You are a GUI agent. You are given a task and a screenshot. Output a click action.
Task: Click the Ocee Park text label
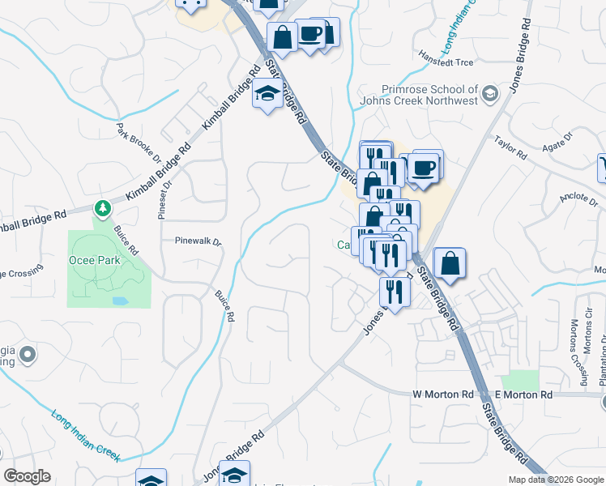click(x=94, y=260)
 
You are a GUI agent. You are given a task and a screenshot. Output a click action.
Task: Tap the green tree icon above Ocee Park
click(x=102, y=209)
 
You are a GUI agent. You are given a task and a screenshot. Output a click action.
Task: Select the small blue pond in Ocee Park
click(x=120, y=301)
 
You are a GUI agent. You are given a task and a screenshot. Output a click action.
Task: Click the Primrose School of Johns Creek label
click(x=429, y=96)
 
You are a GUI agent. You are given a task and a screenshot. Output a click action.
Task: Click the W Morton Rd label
click(x=442, y=394)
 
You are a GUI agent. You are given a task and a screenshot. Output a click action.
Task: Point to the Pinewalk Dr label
click(x=198, y=241)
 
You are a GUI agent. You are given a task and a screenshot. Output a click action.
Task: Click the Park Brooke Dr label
click(x=134, y=139)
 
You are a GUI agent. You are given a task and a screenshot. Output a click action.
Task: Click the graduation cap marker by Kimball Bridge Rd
click(x=267, y=95)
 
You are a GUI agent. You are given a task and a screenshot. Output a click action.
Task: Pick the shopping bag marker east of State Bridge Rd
click(x=450, y=262)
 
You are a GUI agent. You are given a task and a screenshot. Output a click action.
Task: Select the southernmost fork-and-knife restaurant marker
click(x=394, y=292)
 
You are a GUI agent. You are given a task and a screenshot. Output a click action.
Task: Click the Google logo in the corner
click(x=27, y=476)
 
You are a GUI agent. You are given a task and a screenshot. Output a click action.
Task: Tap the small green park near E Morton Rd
click(x=519, y=380)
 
